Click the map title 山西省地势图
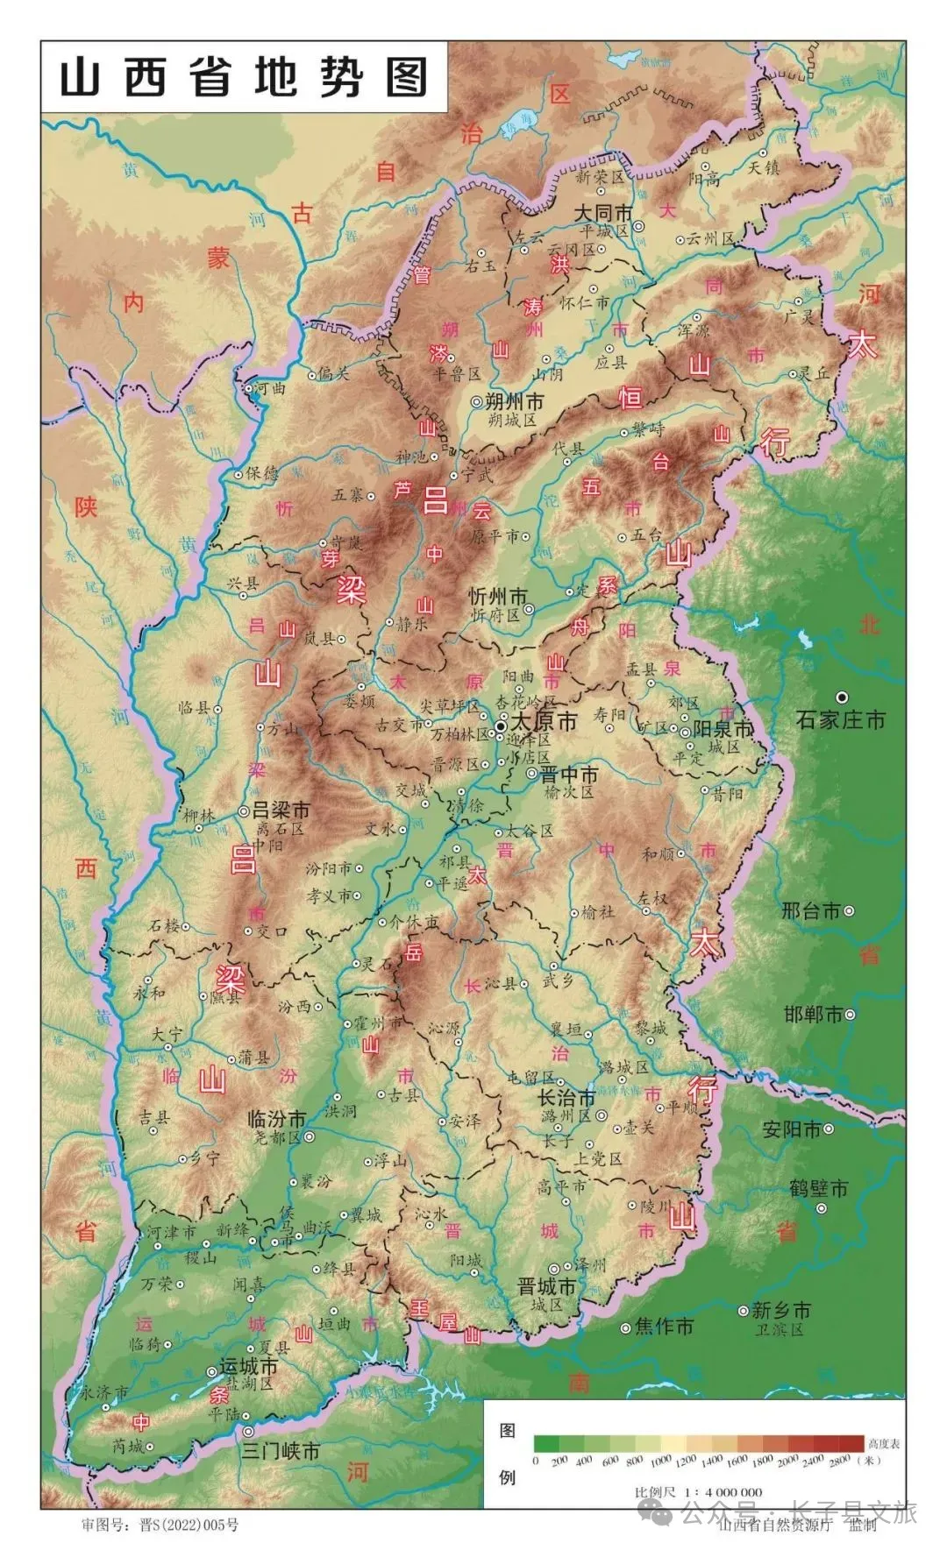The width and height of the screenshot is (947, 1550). [244, 77]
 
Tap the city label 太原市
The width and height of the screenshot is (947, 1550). [544, 722]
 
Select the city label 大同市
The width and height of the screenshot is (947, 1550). [603, 213]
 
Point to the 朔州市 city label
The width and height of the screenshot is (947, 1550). [514, 402]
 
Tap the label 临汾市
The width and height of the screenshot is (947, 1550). [276, 1119]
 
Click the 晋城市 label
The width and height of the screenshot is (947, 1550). [546, 1287]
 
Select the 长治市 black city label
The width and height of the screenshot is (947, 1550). [566, 1098]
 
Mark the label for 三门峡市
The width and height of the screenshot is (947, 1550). [281, 1451]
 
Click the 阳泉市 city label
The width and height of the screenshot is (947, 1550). [723, 729]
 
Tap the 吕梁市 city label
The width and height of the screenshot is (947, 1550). [281, 810]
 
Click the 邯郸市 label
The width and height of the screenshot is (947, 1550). [813, 1015]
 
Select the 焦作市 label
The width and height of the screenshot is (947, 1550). [664, 1327]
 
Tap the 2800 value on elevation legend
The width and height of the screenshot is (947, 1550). [839, 1461]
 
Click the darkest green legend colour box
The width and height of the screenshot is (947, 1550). [546, 1443]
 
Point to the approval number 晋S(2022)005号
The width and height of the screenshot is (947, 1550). [189, 1525]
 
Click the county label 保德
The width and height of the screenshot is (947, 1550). [261, 473]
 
